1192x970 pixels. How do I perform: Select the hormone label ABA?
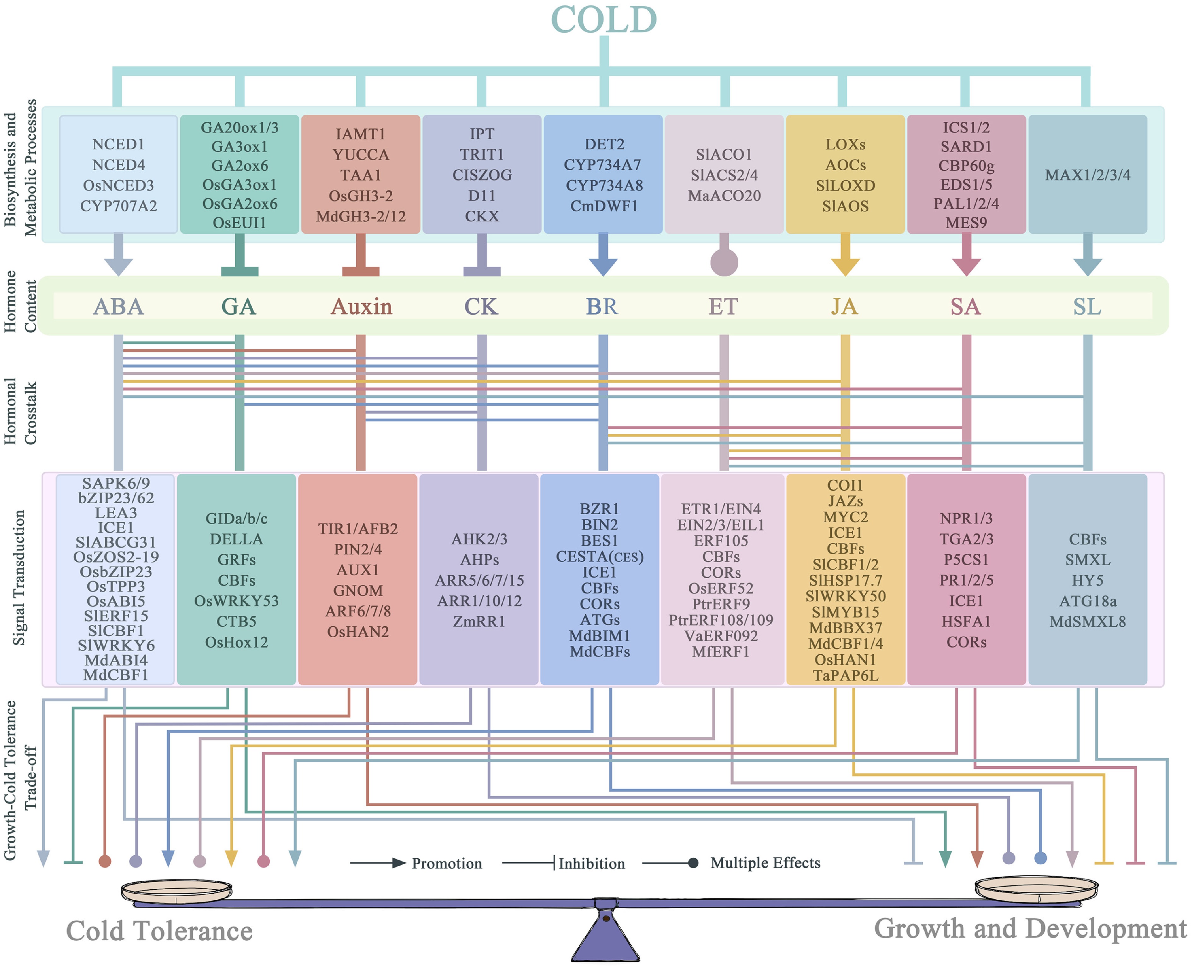[119, 306]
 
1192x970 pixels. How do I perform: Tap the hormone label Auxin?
[361, 306]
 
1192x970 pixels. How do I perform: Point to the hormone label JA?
[844, 306]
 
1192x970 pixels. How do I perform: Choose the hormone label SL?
[1087, 306]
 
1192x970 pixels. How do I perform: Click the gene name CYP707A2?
[119, 206]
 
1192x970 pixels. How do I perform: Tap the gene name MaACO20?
[724, 196]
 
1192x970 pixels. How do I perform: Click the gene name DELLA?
[237, 539]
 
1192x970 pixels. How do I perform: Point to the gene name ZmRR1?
[479, 621]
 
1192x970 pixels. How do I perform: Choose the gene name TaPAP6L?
[845, 675]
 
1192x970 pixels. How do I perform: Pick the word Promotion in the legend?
[447, 863]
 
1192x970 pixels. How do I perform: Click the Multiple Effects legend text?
[765, 863]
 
